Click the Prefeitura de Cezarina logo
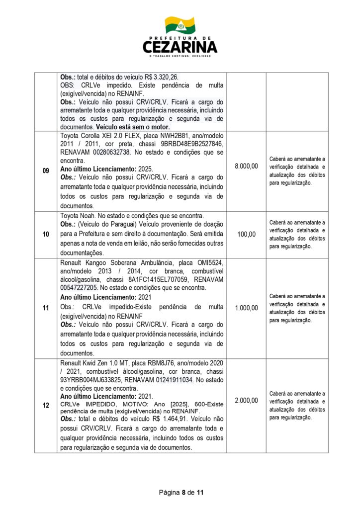180,37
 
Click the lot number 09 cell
46,170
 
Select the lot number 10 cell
46,234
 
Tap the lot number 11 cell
46,308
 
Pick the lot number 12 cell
46,406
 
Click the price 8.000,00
246,166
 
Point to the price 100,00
246,234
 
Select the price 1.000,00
246,308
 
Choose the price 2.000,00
246,400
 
